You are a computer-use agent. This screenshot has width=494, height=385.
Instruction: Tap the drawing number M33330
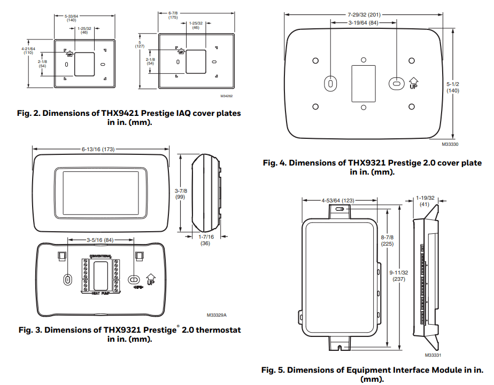pos(451,144)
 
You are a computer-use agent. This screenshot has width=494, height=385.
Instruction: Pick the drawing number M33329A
pos(217,316)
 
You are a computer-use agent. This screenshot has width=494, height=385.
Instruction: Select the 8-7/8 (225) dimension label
pos(387,240)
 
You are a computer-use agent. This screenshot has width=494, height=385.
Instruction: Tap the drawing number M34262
pos(227,97)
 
